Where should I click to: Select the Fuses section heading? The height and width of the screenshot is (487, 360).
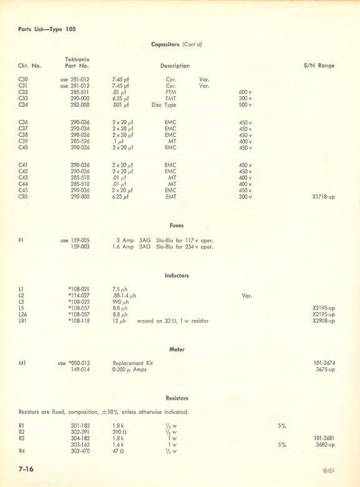pos(177,225)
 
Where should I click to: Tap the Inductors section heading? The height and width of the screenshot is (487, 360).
pos(177,275)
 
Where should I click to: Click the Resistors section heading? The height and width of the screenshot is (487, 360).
pos(177,398)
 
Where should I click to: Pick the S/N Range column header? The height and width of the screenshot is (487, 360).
pos(318,66)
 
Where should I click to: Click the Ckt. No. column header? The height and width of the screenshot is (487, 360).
pos(30,66)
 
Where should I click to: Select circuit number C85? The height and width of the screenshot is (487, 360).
pos(24,197)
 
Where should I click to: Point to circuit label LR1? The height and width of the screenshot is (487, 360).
pos(24,321)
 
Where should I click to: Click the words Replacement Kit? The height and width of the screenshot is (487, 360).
pos(132,363)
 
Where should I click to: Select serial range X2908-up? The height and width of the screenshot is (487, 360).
pos(323,321)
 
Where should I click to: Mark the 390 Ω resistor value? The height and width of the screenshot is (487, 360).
pos(119,432)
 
